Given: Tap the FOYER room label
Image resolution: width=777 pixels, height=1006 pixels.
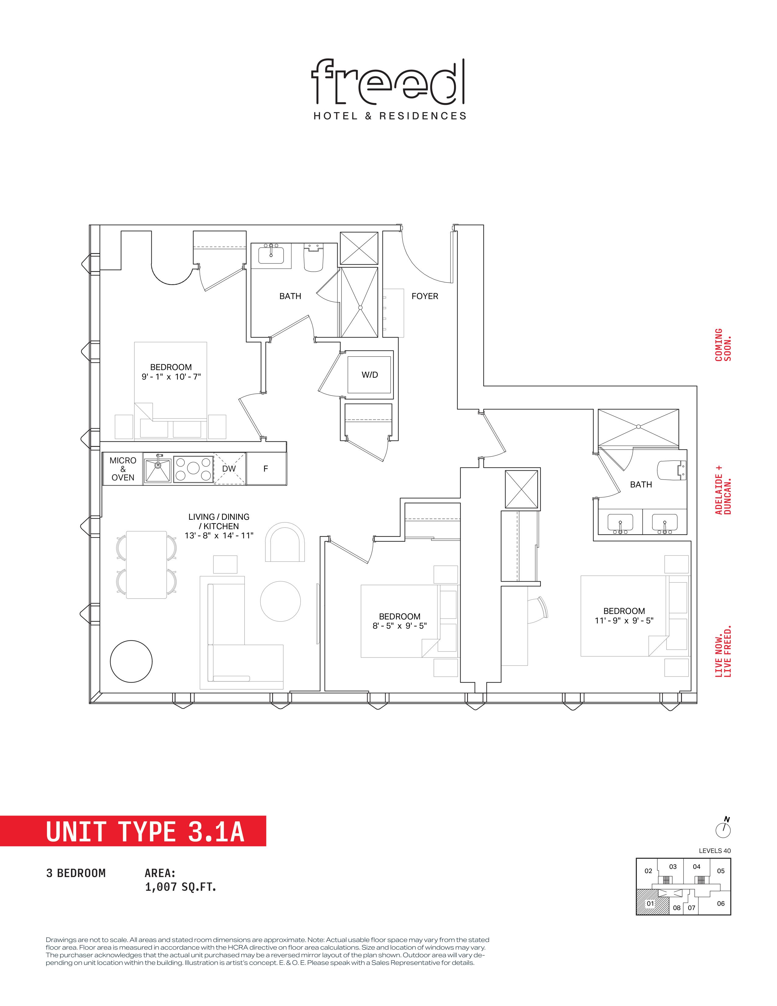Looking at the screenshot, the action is (x=424, y=296).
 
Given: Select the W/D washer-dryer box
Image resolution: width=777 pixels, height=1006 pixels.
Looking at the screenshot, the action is (x=370, y=374).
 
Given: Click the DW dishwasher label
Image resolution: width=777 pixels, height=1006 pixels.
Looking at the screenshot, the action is (x=229, y=469).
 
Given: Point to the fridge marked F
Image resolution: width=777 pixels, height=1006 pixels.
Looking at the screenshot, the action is (x=266, y=469).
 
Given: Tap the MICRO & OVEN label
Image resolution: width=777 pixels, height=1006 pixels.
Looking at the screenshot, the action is (x=123, y=469).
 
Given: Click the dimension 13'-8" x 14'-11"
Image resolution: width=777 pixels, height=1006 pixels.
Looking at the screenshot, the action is (x=219, y=536).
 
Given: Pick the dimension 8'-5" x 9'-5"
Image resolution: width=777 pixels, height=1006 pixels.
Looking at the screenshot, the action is (x=399, y=626).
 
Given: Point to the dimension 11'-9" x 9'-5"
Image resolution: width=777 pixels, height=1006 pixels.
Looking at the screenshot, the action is (x=624, y=620).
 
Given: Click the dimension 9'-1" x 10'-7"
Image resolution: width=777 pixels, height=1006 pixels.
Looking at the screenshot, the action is (x=171, y=376).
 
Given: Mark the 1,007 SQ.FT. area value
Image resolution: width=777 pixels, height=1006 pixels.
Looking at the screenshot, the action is (x=180, y=887).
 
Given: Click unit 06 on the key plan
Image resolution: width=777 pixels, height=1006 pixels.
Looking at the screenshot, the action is (x=721, y=903).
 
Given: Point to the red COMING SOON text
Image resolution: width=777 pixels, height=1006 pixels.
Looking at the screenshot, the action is (x=723, y=344).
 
